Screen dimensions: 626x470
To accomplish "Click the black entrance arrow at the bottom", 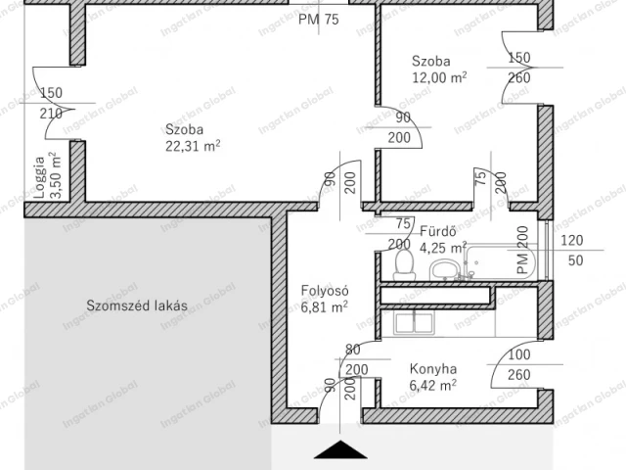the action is (x=340, y=449).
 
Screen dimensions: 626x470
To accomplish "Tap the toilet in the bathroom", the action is (x=404, y=264).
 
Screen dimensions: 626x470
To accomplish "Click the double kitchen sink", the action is (x=414, y=323).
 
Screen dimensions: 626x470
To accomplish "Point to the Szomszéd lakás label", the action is (x=137, y=305).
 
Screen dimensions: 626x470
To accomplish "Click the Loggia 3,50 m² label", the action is (x=48, y=175).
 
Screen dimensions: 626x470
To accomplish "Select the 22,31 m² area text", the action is (x=193, y=146).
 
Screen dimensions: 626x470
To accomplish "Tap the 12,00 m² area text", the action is (x=439, y=77).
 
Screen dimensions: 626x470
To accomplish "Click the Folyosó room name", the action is (x=325, y=291).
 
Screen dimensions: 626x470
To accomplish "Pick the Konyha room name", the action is (x=433, y=369).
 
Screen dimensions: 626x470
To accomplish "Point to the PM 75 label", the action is (x=319, y=20).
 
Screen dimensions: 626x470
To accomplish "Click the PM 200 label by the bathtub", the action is (x=522, y=251).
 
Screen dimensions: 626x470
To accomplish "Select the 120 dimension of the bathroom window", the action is (x=572, y=240).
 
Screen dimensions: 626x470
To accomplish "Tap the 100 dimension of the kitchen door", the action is (x=519, y=354).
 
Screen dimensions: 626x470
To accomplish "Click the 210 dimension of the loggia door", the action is (x=51, y=114).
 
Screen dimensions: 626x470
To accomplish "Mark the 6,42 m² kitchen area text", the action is (x=433, y=386).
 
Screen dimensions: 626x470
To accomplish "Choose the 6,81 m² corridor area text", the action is (x=324, y=307).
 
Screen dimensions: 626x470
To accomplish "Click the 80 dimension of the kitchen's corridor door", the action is (x=353, y=350).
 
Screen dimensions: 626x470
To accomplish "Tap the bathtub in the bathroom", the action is (x=502, y=261).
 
